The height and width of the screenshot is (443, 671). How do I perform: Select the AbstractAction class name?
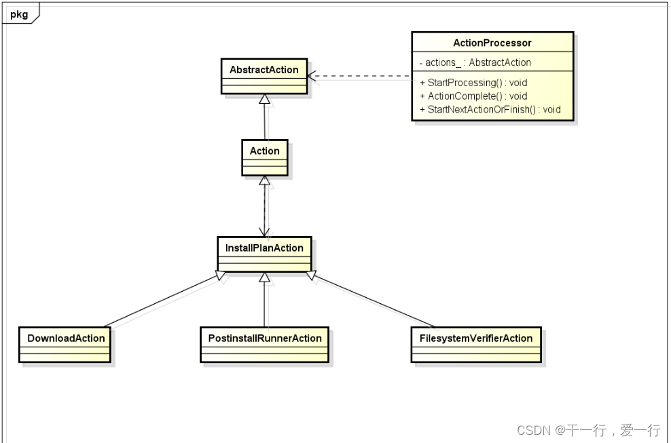coord(264,70)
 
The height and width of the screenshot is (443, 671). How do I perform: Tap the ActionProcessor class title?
coord(492,43)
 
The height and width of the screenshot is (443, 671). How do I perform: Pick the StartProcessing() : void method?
coord(473,83)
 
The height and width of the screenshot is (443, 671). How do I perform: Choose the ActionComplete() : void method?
coord(473,96)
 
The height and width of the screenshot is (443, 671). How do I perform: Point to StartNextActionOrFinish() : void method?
coord(490,109)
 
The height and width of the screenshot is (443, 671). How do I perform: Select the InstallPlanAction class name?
coord(264,248)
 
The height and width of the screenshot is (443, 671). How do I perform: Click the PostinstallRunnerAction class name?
coord(264,338)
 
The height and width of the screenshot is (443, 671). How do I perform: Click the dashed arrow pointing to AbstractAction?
coord(360,77)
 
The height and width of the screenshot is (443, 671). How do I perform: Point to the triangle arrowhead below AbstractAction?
coord(265,99)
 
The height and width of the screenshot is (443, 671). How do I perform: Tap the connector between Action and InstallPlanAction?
coord(265,207)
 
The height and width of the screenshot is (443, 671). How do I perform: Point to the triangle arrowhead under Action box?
coord(265,181)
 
